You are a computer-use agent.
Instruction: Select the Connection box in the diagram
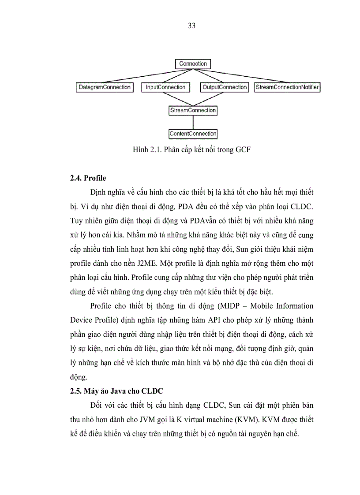(193, 64)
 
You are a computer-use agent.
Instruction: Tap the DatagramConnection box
(104, 87)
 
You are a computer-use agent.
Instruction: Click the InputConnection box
(165, 87)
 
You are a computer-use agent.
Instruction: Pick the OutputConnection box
(225, 87)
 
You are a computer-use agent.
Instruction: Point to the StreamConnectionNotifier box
(287, 87)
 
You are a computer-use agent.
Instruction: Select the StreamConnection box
(193, 110)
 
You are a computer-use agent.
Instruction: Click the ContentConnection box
(193, 134)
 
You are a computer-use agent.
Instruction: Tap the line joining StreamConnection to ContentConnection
(193, 122)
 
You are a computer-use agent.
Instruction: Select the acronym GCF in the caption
(242, 150)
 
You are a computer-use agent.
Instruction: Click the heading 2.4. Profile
(88, 179)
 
